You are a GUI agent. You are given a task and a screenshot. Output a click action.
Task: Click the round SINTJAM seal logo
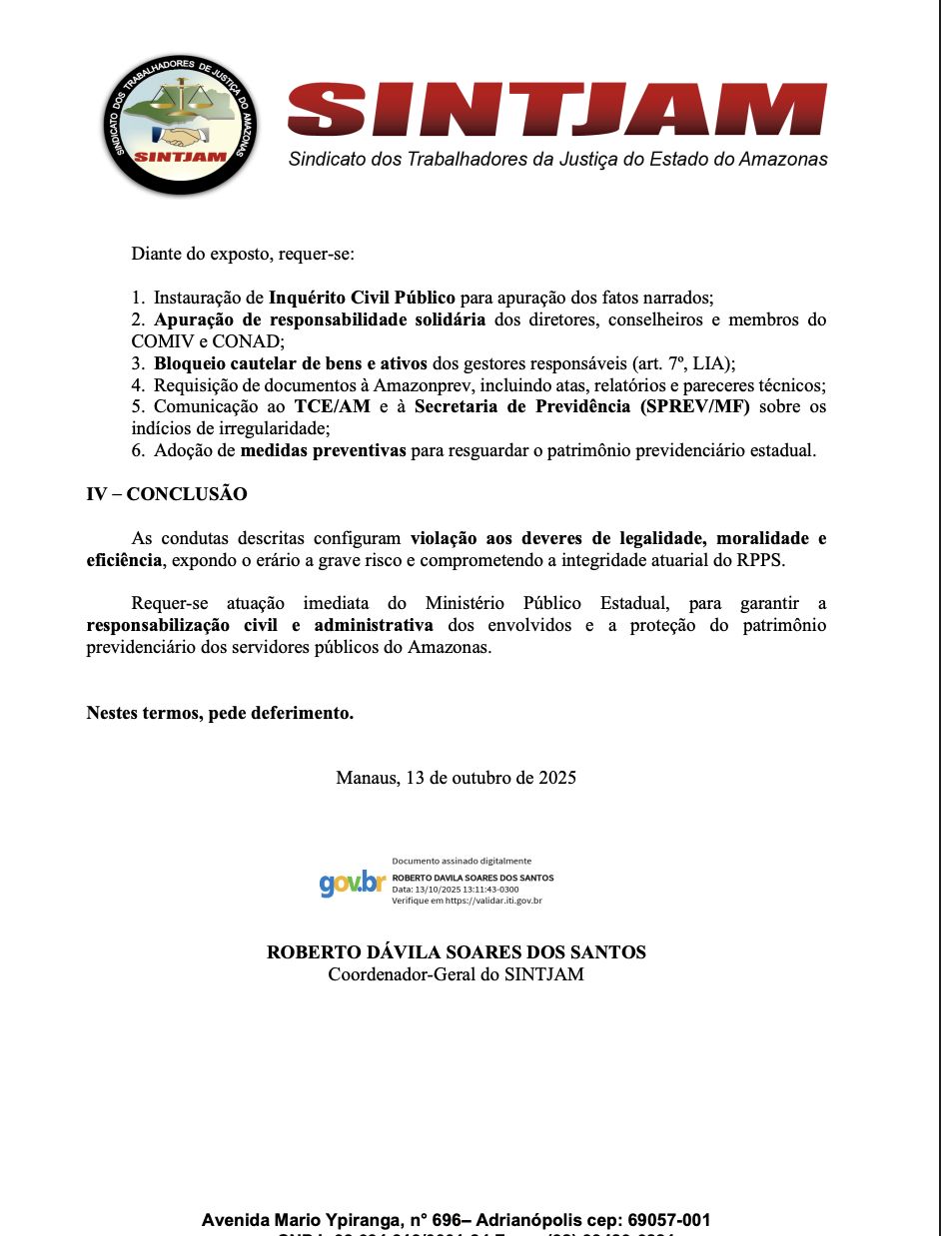[x=181, y=124]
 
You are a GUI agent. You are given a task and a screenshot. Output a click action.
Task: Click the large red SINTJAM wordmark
[x=556, y=110]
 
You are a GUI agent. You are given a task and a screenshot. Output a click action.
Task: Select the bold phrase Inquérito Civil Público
[x=362, y=298]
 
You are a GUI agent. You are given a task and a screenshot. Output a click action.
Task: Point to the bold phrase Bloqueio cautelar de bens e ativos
[x=290, y=363]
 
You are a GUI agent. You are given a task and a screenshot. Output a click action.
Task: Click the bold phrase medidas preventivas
[x=323, y=450]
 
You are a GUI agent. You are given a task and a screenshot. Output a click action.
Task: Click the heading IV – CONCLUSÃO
[x=167, y=494]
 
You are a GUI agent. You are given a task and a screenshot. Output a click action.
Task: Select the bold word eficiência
[x=124, y=560]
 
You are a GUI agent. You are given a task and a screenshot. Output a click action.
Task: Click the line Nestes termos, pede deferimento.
[x=220, y=713]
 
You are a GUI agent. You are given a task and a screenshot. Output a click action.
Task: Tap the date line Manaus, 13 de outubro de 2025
[x=456, y=778]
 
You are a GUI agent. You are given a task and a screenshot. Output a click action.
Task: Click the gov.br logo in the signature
[x=352, y=883]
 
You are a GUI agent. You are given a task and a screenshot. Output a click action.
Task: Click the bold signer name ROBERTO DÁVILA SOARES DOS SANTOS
[x=456, y=952]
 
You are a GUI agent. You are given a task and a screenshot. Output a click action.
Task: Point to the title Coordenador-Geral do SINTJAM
[x=456, y=974]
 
